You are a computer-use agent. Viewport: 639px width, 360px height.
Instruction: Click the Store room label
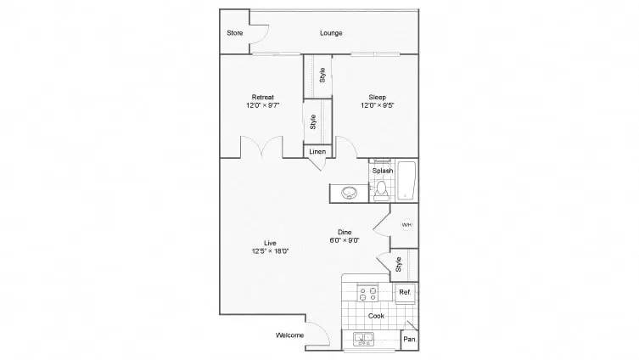coord(235,33)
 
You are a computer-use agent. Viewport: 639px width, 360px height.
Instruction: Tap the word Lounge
coord(331,33)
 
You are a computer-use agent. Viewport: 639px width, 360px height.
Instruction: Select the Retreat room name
coord(261,96)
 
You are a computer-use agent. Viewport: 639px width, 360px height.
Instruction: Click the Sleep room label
coord(378,96)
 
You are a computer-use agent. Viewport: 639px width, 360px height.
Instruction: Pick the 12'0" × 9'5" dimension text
coord(378,106)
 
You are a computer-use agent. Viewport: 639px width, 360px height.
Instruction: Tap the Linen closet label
coord(317,151)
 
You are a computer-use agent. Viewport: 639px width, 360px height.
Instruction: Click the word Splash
coord(382,171)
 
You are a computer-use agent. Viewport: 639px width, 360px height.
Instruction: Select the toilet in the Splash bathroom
coord(382,188)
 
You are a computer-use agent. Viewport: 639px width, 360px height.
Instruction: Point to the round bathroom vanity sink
coord(350,193)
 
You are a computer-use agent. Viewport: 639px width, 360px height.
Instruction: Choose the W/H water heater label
coord(406,225)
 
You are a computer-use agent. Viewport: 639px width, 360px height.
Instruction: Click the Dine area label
coord(345,231)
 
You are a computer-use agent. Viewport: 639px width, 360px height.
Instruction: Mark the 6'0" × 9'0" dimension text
coord(345,240)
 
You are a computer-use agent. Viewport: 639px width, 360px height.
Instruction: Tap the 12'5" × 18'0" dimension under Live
coord(270,251)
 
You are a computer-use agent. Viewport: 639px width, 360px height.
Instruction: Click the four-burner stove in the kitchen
coord(369,295)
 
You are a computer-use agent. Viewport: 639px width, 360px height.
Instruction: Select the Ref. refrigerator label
coord(405,293)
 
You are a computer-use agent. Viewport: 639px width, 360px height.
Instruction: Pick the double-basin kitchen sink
coord(365,340)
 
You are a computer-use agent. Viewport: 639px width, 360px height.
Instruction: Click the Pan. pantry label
coord(409,340)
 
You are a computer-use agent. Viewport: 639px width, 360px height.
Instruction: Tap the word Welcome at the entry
coord(290,335)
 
